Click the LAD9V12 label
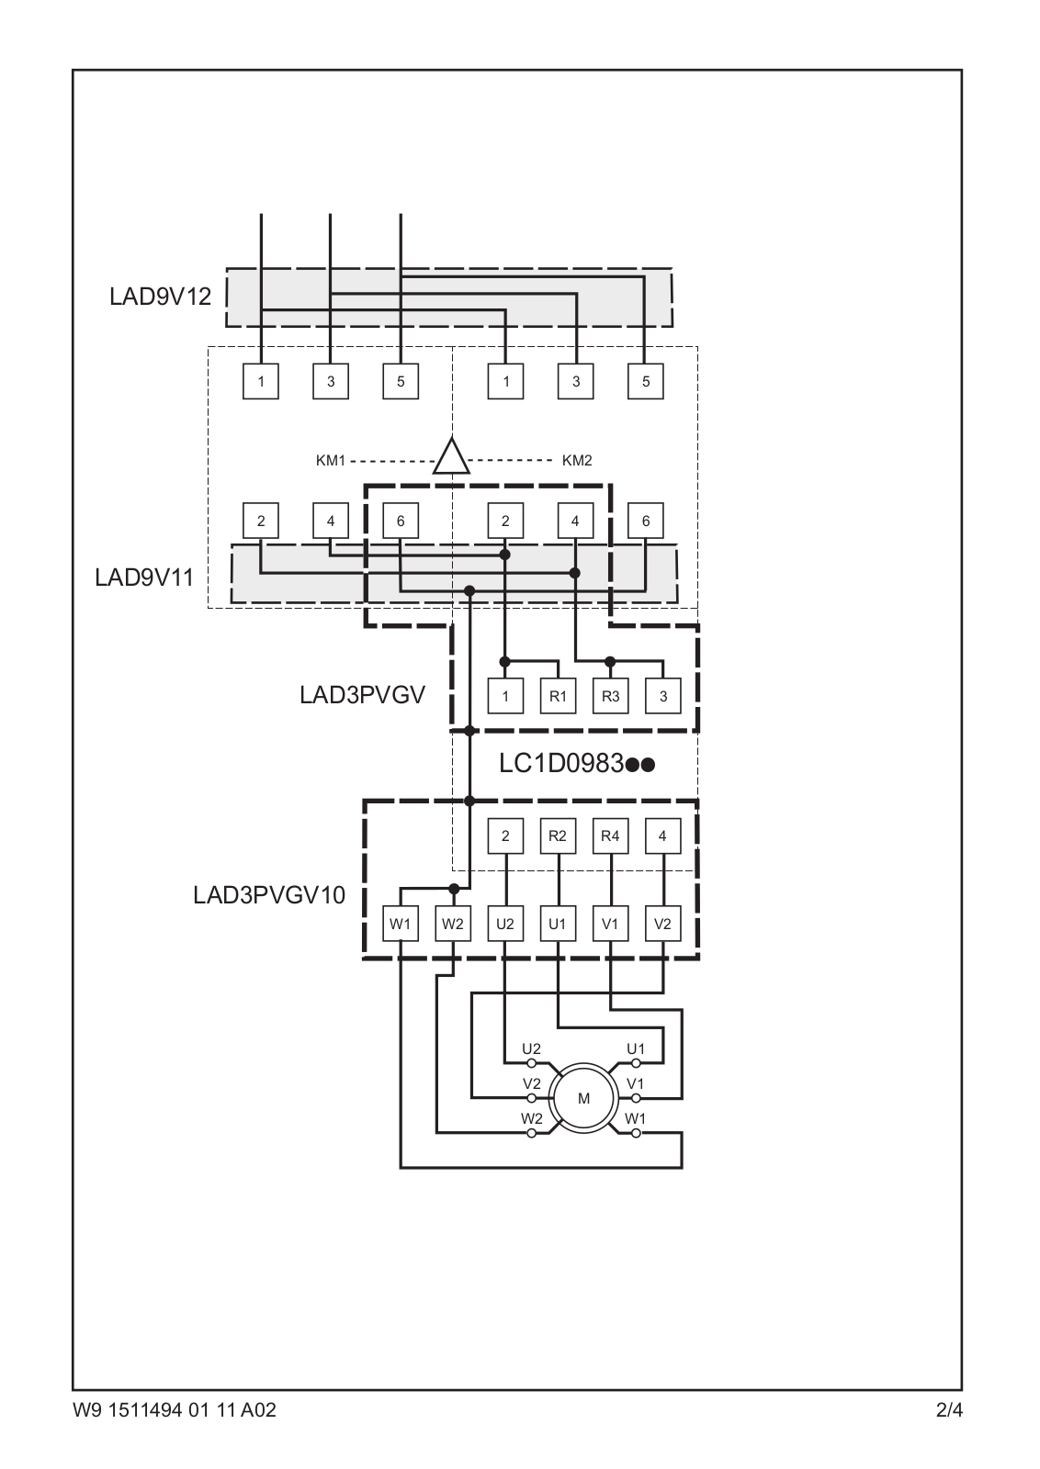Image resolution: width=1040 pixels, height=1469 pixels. click(160, 297)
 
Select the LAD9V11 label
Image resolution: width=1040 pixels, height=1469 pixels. click(144, 578)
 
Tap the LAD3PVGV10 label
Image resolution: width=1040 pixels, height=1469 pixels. click(268, 895)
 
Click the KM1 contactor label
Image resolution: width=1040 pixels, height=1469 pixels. click(330, 461)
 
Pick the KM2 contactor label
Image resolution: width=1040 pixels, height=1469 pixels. click(577, 461)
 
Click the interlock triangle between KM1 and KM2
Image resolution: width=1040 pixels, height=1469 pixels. click(451, 457)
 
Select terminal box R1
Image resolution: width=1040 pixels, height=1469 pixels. click(558, 696)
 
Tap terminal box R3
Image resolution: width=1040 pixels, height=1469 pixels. click(610, 696)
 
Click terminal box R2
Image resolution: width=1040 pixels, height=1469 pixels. click(558, 836)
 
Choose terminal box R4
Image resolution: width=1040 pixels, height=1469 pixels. click(610, 836)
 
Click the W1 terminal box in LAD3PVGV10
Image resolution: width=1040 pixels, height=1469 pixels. click(400, 925)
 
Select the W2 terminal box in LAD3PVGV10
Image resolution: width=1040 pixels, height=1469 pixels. click(452, 925)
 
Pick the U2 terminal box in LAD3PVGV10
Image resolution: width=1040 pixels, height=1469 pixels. click(504, 925)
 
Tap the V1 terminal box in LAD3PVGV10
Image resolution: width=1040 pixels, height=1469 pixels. click(610, 925)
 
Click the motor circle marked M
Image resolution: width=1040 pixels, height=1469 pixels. click(583, 1098)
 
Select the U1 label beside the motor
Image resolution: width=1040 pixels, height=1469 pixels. click(636, 1048)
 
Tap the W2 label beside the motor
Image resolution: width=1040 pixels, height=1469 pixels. click(531, 1118)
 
